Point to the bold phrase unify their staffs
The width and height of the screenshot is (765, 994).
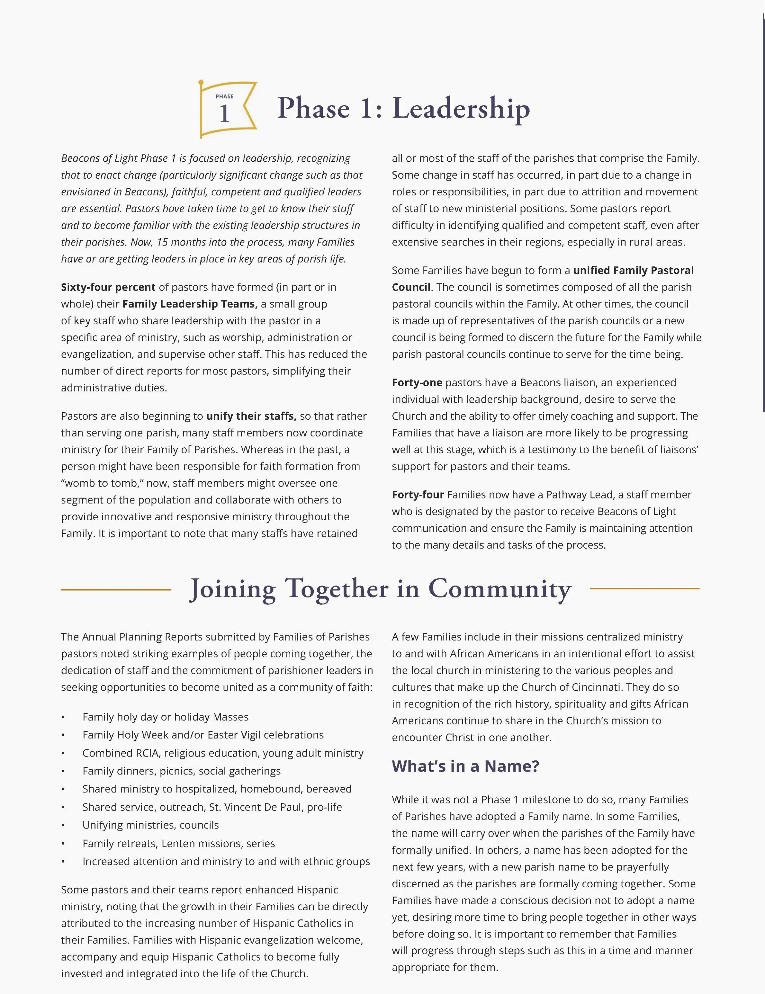251,416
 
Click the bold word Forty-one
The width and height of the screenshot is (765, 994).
417,382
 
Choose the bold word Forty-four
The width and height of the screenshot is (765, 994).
417,495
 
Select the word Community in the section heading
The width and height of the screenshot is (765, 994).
500,589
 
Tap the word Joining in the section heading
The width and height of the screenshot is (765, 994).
232,589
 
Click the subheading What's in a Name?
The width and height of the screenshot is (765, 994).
465,766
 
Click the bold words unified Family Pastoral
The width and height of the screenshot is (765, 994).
634,270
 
